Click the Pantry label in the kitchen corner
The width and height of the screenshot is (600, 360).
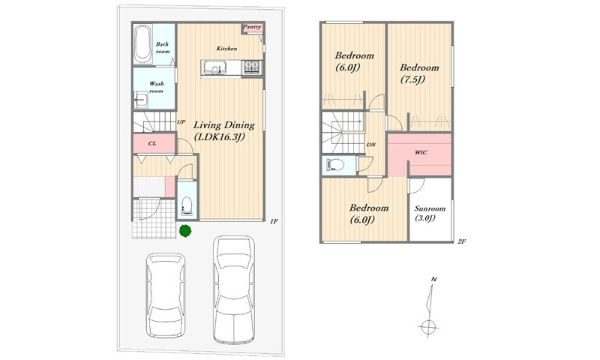[x=252, y=27]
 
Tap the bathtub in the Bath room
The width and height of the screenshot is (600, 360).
[x=143, y=44]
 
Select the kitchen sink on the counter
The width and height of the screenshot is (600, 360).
[x=214, y=68]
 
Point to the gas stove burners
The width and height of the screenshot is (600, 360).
[x=252, y=67]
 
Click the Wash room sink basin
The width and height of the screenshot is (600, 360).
[x=140, y=100]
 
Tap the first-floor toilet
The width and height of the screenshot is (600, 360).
[x=187, y=205]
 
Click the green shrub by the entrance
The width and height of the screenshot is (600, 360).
[x=185, y=231]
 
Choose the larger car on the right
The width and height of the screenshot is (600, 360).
[x=234, y=289]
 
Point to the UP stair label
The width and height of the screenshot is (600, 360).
[x=181, y=122]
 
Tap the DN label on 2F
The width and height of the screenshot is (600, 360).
[x=370, y=145]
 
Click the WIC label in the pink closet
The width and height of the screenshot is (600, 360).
[x=421, y=152]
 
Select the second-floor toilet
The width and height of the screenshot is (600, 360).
[x=335, y=165]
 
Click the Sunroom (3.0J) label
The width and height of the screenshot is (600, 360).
[x=430, y=214]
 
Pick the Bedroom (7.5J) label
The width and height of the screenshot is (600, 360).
[x=419, y=73]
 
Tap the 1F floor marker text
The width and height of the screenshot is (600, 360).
[x=274, y=221]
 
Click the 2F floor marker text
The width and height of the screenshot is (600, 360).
[x=461, y=241]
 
